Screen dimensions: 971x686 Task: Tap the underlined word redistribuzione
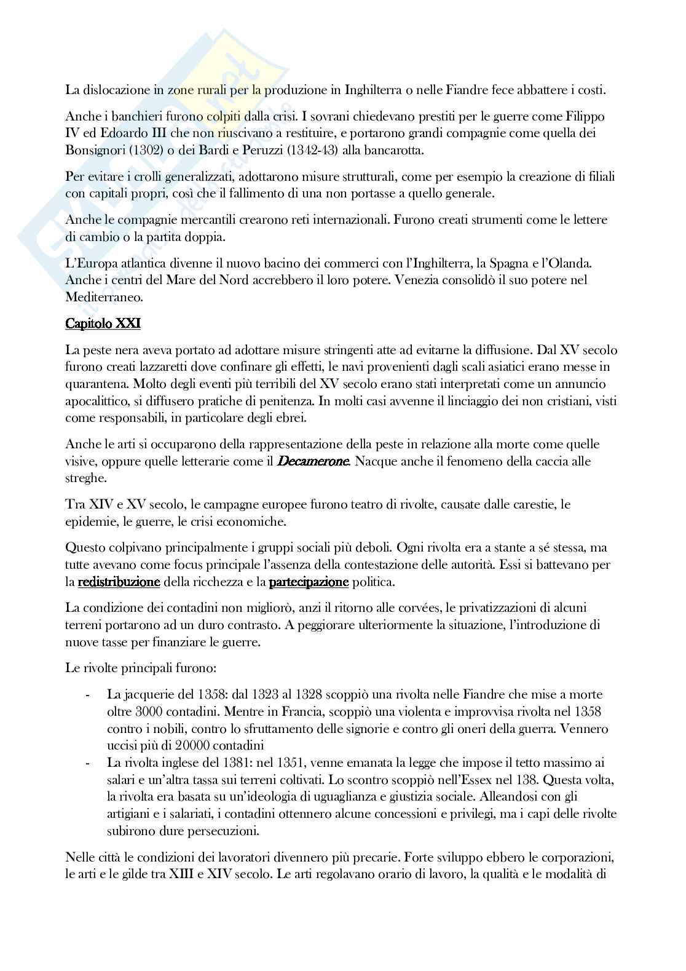pyautogui.click(x=119, y=582)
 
